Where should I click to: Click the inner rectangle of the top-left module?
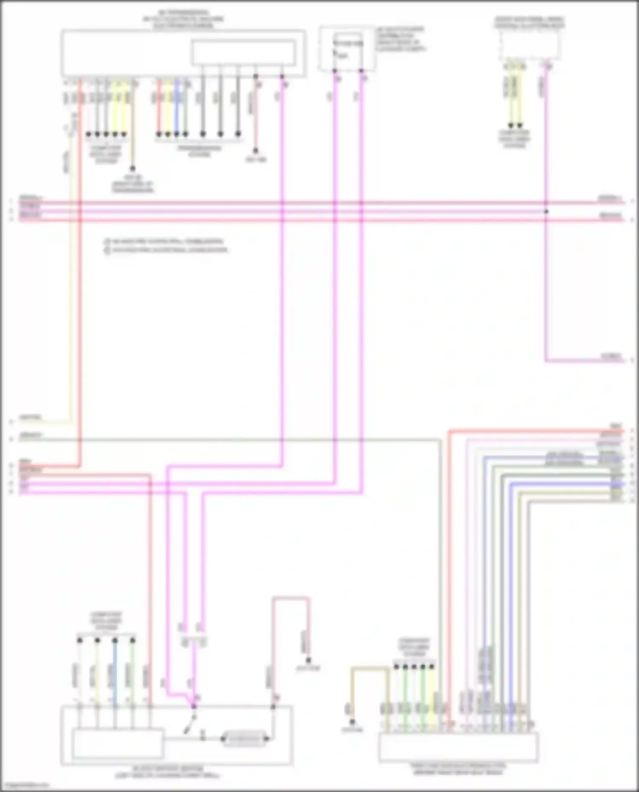[x=243, y=52]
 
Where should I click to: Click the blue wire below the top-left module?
[x=176, y=109]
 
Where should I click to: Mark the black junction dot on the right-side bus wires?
[x=546, y=212]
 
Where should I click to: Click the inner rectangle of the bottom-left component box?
[x=118, y=743]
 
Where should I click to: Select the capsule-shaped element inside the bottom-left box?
[x=245, y=738]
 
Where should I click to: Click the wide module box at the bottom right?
[x=458, y=747]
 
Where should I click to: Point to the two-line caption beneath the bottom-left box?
[x=167, y=772]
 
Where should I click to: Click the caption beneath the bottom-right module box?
[x=458, y=768]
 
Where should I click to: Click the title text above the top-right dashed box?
[x=530, y=23]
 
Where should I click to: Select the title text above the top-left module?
[x=183, y=19]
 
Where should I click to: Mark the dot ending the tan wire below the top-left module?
[x=132, y=169]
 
